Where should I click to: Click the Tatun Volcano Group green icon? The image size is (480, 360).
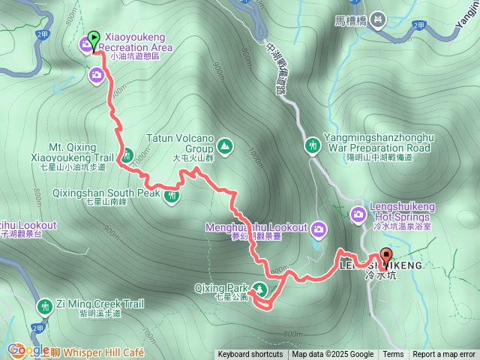click(x=225, y=145)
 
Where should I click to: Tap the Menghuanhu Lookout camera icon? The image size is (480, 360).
click(x=318, y=227)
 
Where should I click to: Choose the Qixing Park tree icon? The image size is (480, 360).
click(x=259, y=288)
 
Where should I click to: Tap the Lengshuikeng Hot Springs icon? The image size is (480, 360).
click(x=358, y=215)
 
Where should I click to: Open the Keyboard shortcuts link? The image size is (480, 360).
click(x=250, y=355)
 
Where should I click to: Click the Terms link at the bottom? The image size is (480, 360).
click(x=393, y=355)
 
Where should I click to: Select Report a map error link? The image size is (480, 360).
click(x=445, y=355)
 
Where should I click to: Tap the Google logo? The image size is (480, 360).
click(x=28, y=349)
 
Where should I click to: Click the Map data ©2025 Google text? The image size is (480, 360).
click(x=333, y=355)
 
